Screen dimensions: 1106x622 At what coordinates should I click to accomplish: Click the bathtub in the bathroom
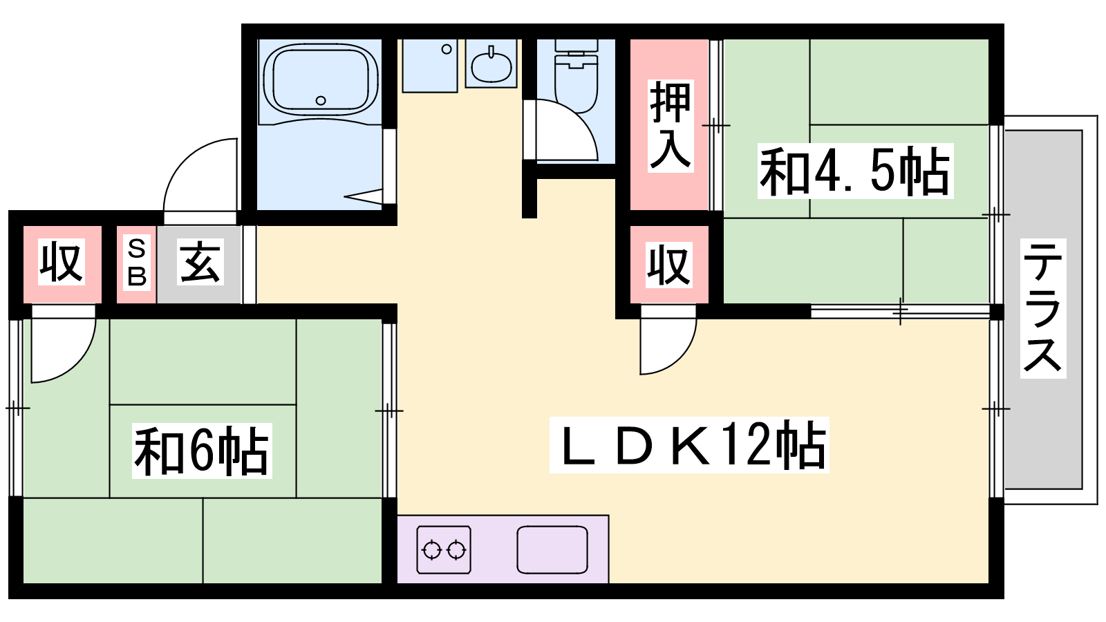click(x=321, y=82)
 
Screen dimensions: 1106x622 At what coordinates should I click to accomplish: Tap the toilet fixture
click(x=577, y=77)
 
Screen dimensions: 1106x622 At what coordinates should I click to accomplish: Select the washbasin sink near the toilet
click(x=491, y=65)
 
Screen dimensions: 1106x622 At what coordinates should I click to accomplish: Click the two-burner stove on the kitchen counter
click(x=443, y=549)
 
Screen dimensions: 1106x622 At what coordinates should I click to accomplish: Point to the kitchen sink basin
click(x=552, y=549)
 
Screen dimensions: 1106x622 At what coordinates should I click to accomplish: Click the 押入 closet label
click(x=670, y=125)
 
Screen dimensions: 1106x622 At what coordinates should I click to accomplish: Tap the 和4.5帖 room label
click(x=855, y=171)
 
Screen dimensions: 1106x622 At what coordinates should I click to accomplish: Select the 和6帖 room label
click(x=202, y=450)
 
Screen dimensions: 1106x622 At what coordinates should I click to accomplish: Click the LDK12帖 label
click(x=689, y=445)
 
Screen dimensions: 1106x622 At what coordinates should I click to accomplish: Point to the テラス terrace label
click(x=1043, y=308)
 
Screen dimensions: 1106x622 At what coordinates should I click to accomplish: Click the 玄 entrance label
click(x=200, y=262)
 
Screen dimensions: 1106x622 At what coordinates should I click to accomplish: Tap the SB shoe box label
click(x=137, y=263)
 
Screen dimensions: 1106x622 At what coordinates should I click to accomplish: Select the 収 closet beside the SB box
click(x=62, y=262)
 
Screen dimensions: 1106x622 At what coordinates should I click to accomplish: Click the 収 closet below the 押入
click(x=669, y=265)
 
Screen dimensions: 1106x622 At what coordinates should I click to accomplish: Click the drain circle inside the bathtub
click(x=321, y=101)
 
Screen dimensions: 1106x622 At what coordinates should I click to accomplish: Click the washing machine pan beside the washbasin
click(x=430, y=66)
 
